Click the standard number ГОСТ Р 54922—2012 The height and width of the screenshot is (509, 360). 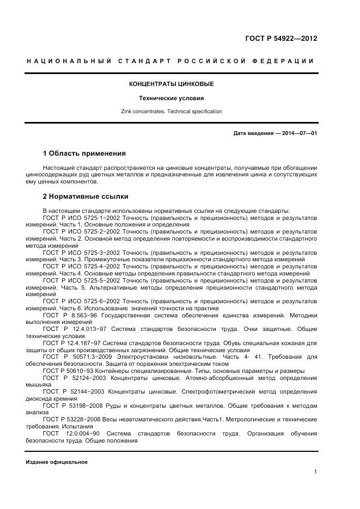point(281,39)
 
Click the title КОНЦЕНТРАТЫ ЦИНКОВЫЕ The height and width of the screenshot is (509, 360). point(171,84)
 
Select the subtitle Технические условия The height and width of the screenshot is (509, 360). point(171,99)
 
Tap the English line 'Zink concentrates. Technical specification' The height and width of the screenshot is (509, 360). point(171,112)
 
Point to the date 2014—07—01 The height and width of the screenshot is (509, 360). point(298,133)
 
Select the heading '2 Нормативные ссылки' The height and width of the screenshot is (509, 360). point(85,197)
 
